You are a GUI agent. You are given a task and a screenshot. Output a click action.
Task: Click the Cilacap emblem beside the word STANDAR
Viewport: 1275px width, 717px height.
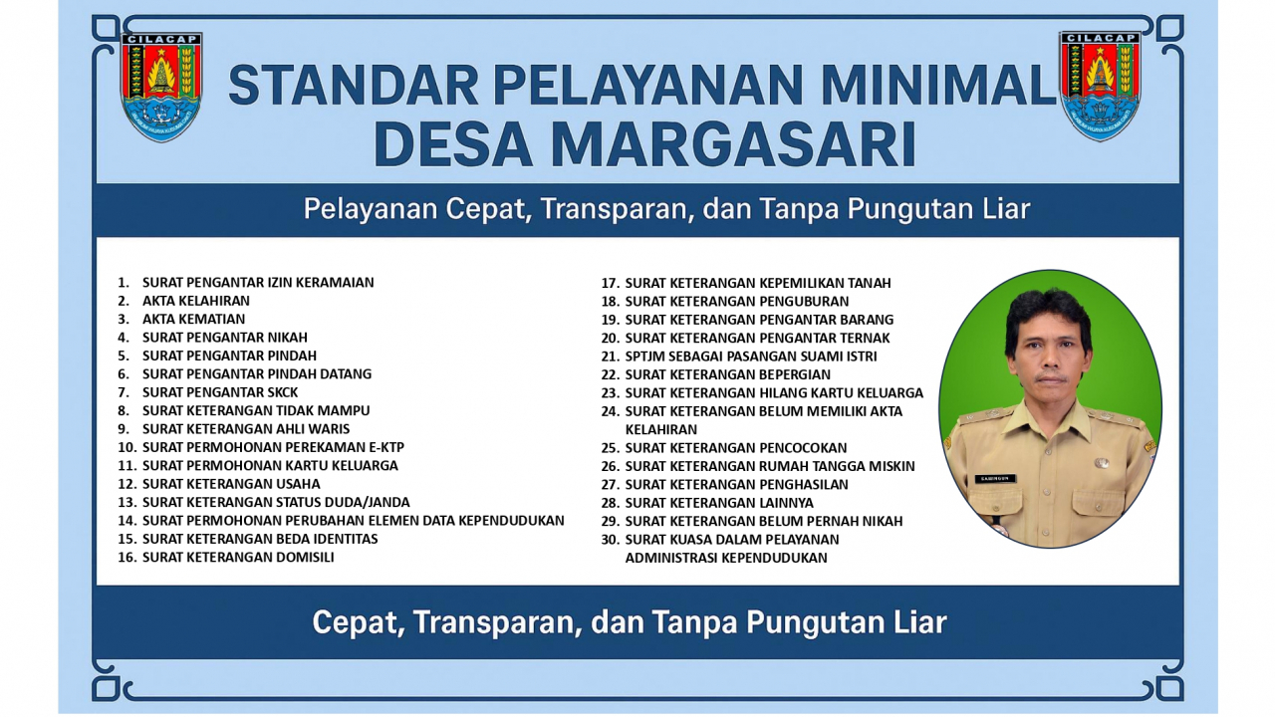161,87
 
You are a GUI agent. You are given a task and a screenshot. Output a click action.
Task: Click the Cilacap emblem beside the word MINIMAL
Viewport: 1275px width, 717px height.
1100,86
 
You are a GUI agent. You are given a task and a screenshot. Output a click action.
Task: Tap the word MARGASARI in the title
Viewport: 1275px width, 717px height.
734,144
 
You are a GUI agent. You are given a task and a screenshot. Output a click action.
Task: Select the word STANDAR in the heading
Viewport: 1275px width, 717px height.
353,85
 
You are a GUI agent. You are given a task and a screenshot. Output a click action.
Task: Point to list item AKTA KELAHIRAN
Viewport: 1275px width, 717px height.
196,301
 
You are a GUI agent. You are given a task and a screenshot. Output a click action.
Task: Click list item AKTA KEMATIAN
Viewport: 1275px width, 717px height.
193,319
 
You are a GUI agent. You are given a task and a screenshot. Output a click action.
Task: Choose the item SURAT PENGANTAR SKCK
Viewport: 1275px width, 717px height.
220,392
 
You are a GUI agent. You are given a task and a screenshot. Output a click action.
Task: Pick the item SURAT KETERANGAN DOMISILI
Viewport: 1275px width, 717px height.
238,557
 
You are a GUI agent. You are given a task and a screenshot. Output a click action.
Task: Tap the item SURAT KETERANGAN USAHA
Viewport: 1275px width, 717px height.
231,484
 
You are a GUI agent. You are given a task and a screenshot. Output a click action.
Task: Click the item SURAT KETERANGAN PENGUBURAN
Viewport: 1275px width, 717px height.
736,301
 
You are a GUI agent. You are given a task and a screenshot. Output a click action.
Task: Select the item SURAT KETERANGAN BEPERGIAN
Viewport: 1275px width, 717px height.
727,374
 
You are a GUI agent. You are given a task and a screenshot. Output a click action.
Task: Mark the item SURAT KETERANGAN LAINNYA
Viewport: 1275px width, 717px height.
719,503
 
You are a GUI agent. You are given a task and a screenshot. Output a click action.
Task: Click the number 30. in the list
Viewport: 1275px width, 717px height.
611,540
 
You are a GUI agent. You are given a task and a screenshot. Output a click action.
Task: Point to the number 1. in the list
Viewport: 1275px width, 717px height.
124,282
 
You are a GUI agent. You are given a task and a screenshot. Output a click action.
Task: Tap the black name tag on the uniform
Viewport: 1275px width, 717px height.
995,479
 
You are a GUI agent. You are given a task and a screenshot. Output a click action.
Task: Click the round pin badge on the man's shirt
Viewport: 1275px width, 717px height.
1102,463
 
